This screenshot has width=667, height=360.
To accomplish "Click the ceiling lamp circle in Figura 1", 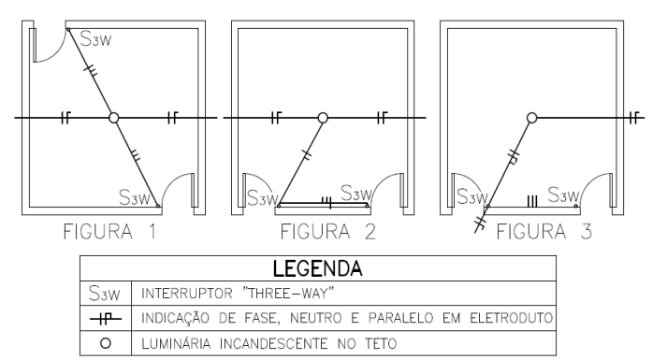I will [x=113, y=118].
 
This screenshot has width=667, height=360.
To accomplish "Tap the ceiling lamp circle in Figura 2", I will [x=323, y=118].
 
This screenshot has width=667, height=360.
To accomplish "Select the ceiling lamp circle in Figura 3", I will [x=531, y=118].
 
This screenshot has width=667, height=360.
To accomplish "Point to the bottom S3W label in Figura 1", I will [x=137, y=197].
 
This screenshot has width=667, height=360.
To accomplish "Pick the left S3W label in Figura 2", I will [x=263, y=197].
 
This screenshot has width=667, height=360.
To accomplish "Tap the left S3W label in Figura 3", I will [x=471, y=197].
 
